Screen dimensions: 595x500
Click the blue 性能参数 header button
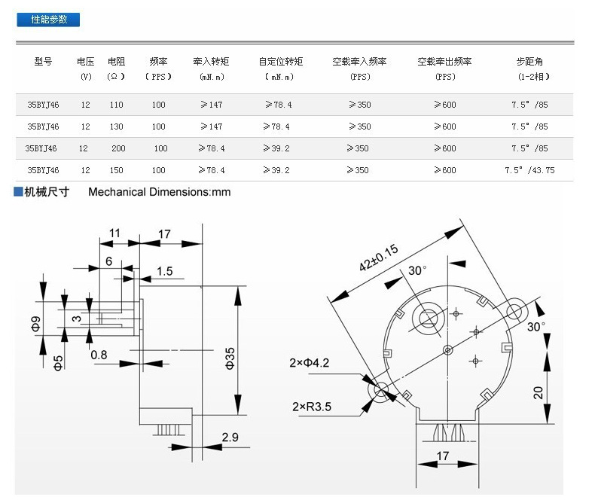48,20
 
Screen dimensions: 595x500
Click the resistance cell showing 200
118,148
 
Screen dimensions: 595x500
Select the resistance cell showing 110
117,105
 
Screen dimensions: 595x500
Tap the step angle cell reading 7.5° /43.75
529,170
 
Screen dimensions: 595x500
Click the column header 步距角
529,62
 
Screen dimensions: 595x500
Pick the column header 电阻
116,62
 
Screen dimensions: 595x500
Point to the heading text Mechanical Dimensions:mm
160,192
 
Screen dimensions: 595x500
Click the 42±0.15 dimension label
378,258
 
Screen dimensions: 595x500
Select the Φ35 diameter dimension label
230,358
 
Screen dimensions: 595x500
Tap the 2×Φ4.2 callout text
310,363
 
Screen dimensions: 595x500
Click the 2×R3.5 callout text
312,407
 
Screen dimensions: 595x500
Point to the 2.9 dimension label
230,437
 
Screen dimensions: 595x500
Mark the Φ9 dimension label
35,324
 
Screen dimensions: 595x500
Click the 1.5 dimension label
165,271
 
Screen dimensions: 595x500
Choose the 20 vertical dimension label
538,392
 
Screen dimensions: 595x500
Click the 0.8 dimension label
99,355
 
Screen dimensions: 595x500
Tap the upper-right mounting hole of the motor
514,312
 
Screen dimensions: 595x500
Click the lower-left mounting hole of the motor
380,389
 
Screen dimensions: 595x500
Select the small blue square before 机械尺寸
18,191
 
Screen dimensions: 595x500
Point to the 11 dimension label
114,233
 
